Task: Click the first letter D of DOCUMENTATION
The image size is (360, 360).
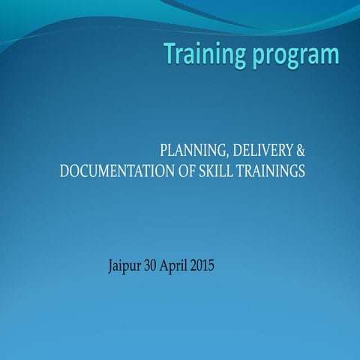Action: point(64,171)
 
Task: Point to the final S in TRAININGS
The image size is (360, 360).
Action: point(301,171)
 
